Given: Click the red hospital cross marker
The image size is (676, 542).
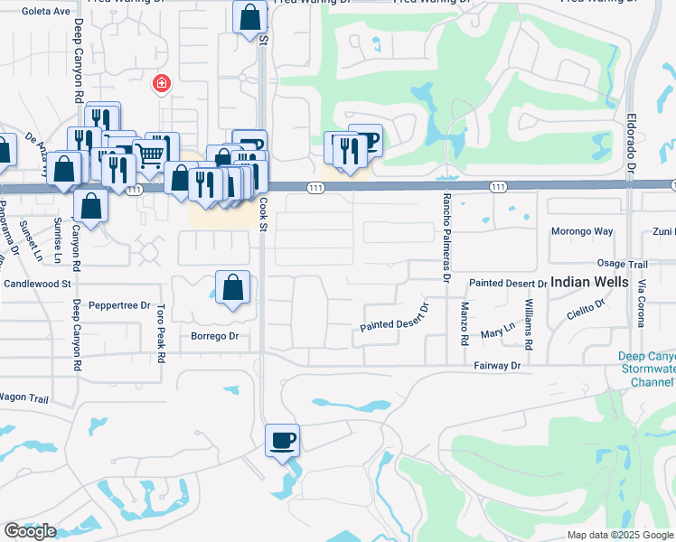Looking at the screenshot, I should coord(161,84).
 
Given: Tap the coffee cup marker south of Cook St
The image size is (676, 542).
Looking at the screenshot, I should coord(283,440).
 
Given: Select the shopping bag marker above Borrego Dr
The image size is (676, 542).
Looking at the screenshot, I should coord(233,288).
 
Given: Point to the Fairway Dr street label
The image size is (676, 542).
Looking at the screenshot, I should coord(497,366).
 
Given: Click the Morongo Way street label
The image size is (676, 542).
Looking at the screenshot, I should coord(582,231).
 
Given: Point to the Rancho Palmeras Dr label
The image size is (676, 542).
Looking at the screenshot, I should coord(446,238).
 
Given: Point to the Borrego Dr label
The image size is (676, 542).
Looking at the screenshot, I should coord(214,337).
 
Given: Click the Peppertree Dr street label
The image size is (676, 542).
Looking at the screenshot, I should coord(120,305).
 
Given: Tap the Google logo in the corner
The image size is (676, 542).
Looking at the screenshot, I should coord(30,531).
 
